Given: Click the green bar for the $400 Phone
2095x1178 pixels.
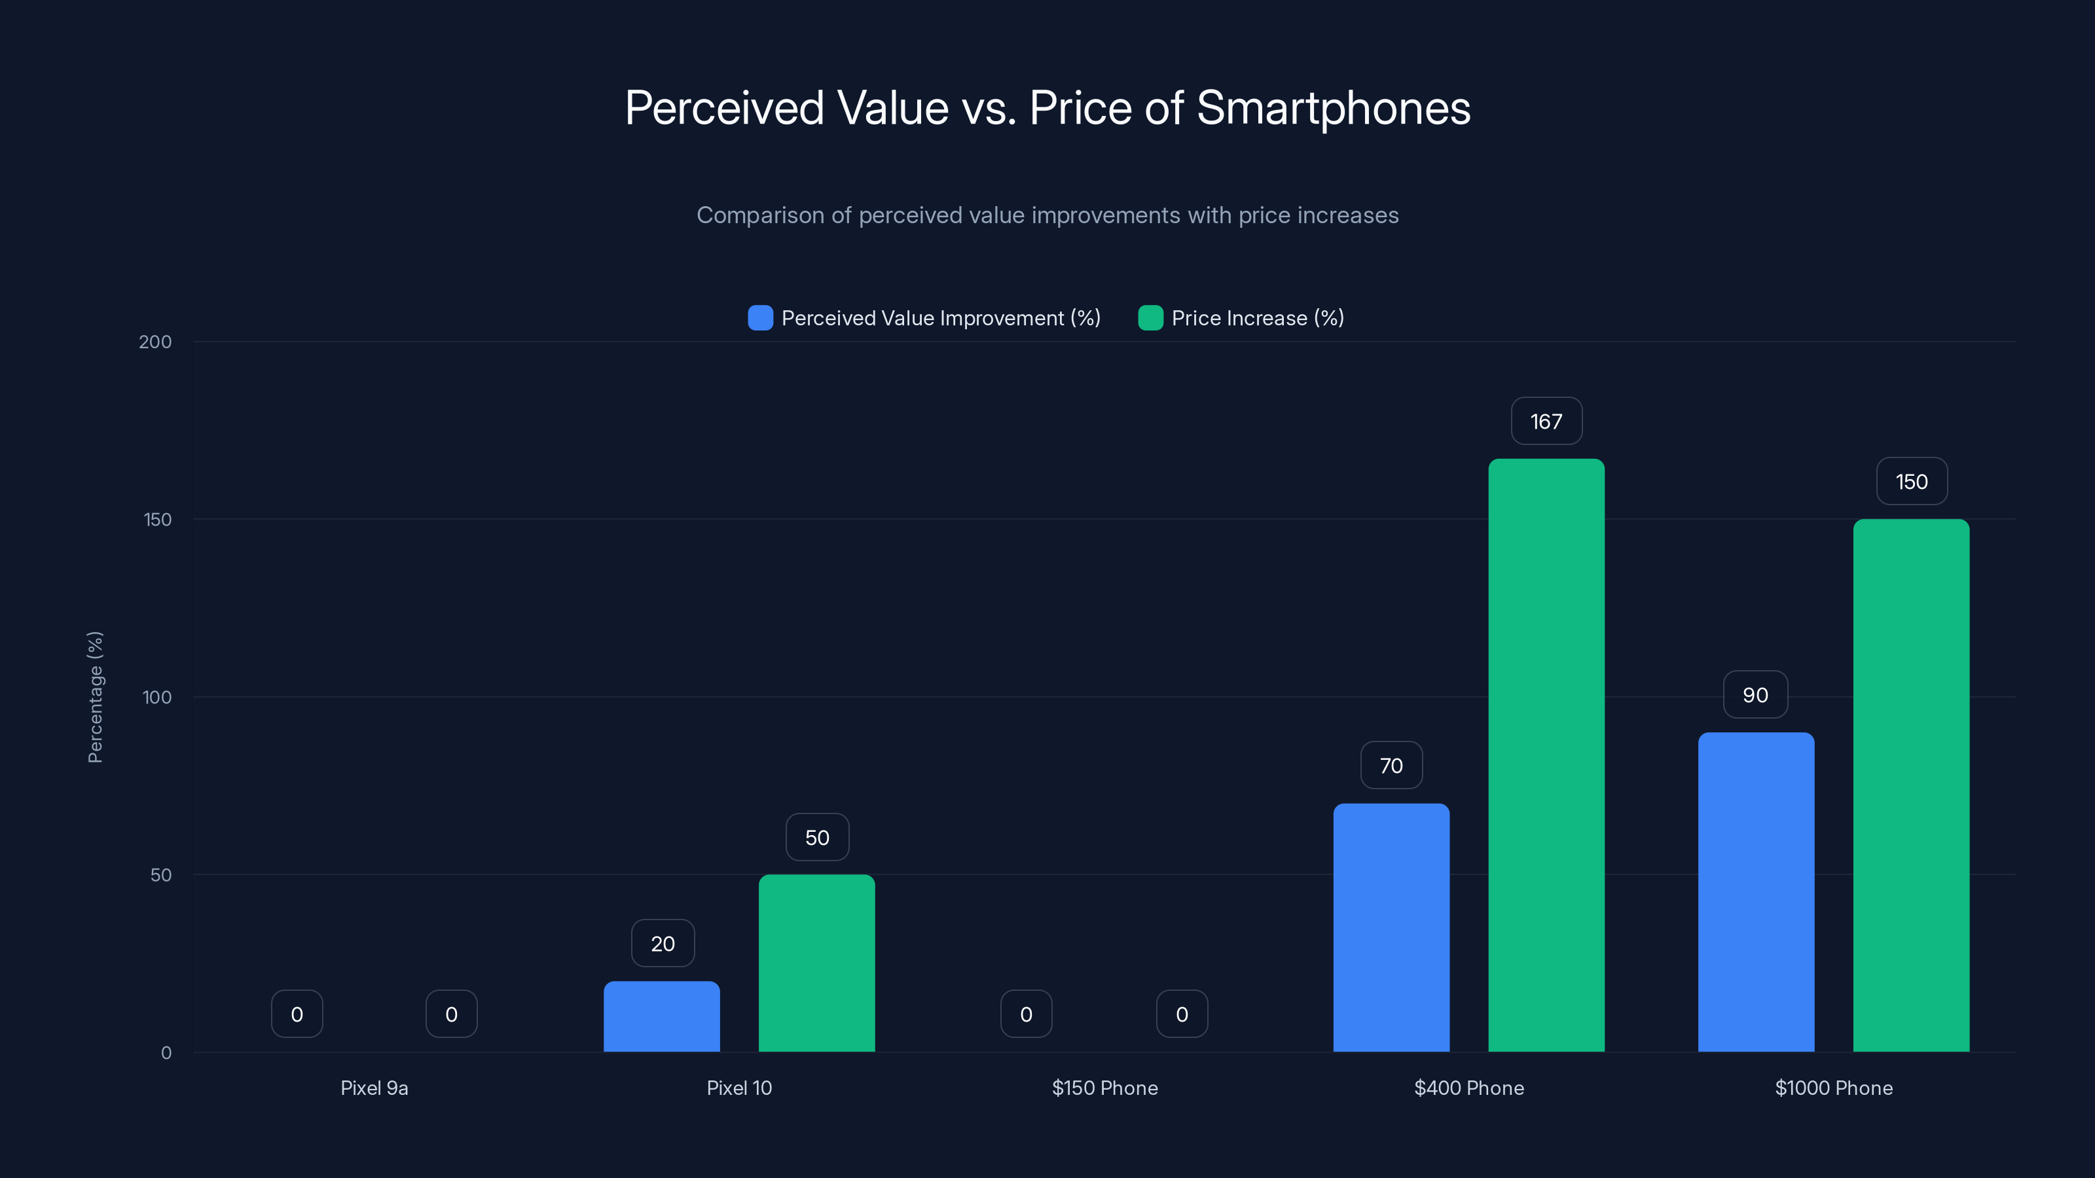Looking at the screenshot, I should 1546,756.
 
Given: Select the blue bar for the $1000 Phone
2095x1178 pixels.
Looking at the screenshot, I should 1756,893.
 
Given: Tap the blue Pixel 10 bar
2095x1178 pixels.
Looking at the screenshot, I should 661,1017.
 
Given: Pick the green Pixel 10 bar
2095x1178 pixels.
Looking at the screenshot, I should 816,963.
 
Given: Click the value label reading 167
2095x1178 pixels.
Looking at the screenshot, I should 1546,421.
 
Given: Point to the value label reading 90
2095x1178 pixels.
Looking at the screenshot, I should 1755,695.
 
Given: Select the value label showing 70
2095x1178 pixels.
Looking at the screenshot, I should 1391,766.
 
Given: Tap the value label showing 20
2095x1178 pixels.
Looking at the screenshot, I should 662,944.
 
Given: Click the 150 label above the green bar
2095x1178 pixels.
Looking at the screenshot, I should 1911,482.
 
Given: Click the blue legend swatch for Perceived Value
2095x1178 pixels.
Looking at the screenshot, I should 759,318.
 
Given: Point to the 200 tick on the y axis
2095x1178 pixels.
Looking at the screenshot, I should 155,342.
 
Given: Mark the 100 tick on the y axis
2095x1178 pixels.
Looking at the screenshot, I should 157,698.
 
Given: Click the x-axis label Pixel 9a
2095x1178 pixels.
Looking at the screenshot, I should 374,1088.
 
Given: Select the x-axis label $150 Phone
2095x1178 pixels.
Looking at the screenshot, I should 1104,1088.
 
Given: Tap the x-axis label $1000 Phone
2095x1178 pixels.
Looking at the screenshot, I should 1833,1088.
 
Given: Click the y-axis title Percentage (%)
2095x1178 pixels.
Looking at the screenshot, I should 95,698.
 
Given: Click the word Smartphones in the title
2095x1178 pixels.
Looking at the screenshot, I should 1333,108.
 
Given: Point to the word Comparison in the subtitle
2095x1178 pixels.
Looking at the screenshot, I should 759,215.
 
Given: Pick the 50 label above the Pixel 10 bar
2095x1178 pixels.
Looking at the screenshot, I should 816,838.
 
